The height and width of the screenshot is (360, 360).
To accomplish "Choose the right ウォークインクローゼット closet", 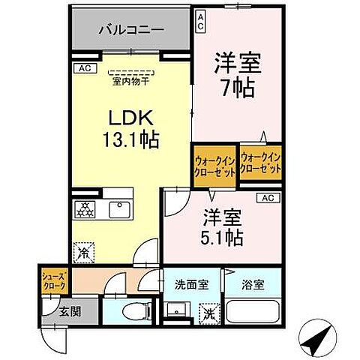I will click(262, 164).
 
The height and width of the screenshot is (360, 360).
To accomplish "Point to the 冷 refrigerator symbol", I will click(84, 253).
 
